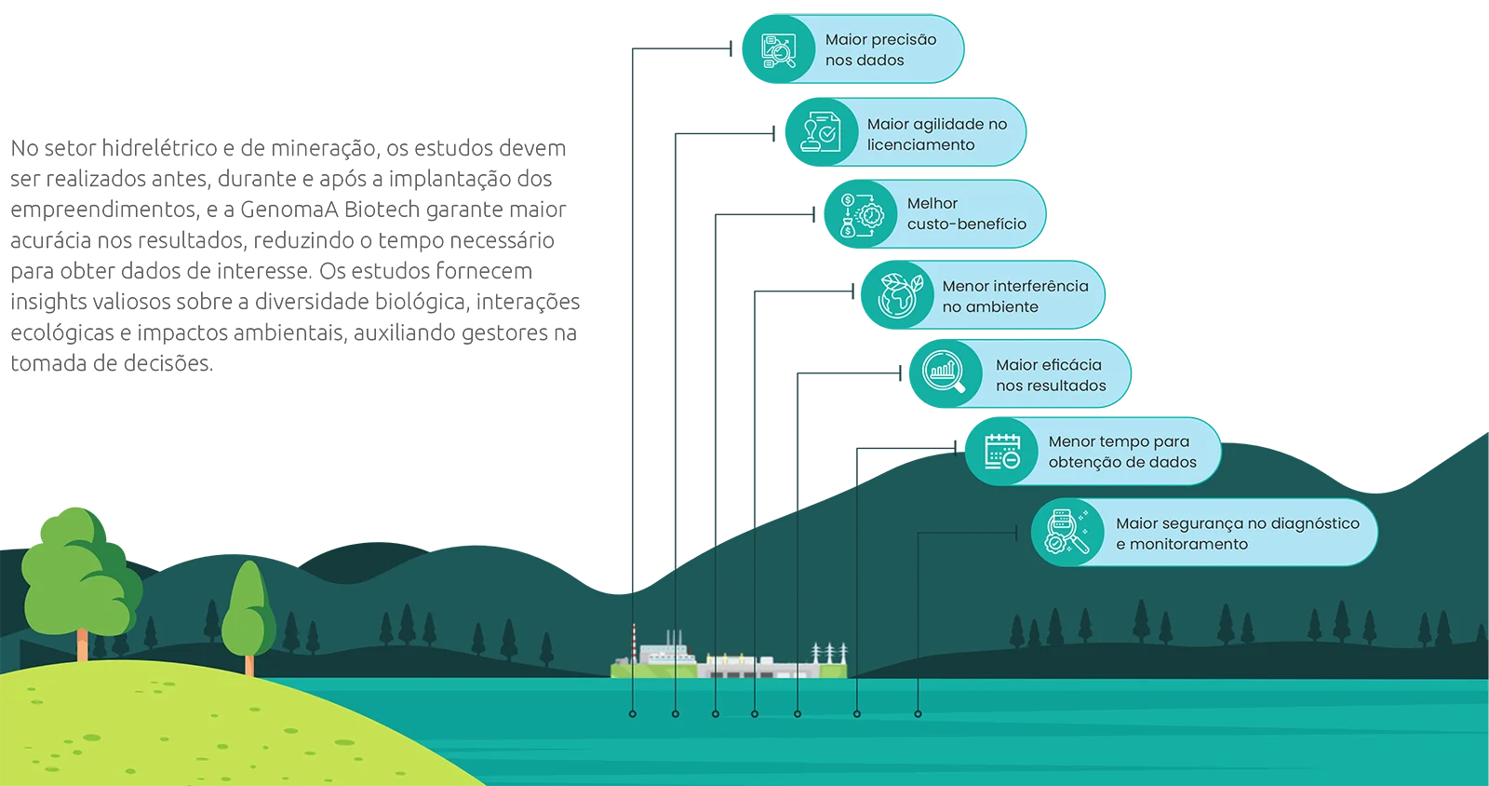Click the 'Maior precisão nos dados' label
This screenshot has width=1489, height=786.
click(880, 50)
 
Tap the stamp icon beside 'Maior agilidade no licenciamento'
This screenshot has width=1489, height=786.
click(820, 132)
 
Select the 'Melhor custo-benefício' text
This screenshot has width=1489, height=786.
click(967, 213)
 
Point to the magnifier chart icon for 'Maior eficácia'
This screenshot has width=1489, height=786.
click(945, 373)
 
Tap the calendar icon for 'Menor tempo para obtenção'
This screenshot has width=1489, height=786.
click(1002, 452)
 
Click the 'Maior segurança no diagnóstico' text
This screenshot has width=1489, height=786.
click(1238, 523)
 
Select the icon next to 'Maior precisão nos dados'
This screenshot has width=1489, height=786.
click(778, 50)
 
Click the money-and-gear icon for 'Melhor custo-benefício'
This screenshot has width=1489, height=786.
click(861, 215)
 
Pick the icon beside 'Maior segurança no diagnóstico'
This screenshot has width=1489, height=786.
click(1066, 532)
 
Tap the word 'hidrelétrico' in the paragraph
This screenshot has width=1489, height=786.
click(159, 148)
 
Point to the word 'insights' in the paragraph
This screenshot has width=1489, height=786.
click(48, 301)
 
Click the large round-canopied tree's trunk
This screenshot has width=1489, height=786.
click(83, 645)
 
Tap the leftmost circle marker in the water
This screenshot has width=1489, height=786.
click(632, 713)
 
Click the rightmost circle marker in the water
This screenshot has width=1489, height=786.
click(918, 713)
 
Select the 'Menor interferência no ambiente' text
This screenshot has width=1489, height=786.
click(1015, 296)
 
